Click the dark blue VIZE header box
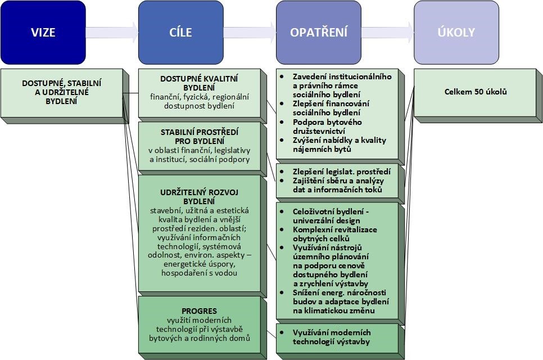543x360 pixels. click(x=43, y=32)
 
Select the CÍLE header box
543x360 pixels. click(x=180, y=32)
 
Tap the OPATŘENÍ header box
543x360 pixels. click(x=319, y=32)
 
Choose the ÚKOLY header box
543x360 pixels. click(x=456, y=32)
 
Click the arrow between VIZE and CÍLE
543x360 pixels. click(x=112, y=32)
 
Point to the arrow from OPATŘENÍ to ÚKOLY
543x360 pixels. click(x=387, y=32)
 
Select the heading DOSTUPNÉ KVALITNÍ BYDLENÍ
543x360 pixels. click(x=200, y=84)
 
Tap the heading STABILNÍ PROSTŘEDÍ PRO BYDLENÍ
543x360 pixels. click(x=200, y=136)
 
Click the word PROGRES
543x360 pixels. click(x=200, y=310)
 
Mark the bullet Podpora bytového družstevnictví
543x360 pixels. click(x=328, y=127)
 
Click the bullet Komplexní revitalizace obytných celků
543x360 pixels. click(x=335, y=234)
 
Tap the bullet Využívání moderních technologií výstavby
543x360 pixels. click(x=332, y=337)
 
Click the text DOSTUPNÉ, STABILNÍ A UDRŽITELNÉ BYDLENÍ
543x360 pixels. click(x=62, y=92)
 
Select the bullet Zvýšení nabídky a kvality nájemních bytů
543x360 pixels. click(x=340, y=145)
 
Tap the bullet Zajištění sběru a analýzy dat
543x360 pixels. click(x=337, y=185)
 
